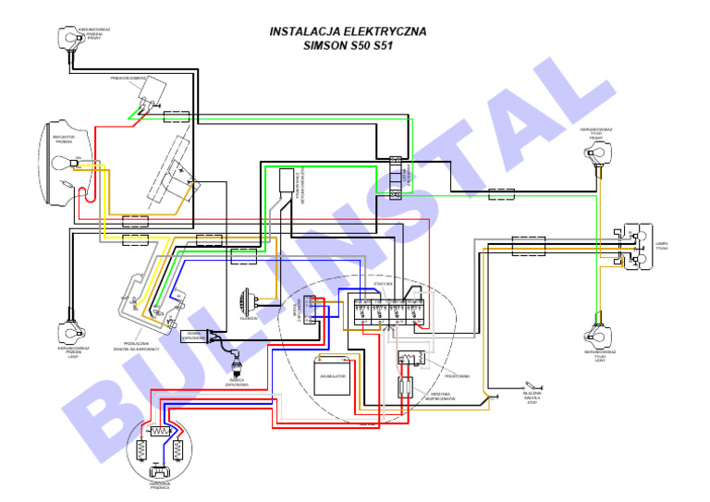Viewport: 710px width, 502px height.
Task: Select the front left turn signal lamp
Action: point(69,331)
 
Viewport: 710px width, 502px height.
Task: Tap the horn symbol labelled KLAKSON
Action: point(247,303)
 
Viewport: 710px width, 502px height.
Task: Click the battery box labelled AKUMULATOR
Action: point(332,377)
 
